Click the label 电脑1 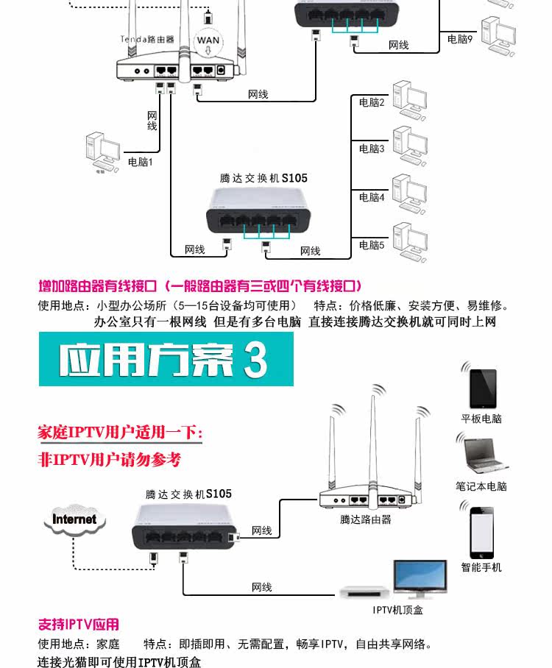(x=140, y=162)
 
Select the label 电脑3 (x=372, y=149)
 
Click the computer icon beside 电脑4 (x=410, y=193)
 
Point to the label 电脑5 (x=372, y=245)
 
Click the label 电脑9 (x=459, y=39)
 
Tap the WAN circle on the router (x=208, y=40)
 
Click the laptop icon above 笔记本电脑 (x=483, y=454)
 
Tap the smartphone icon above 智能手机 (x=483, y=532)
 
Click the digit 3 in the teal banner (x=254, y=360)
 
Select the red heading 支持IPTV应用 (x=78, y=625)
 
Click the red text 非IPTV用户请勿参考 (x=109, y=460)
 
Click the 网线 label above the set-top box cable (x=261, y=587)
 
